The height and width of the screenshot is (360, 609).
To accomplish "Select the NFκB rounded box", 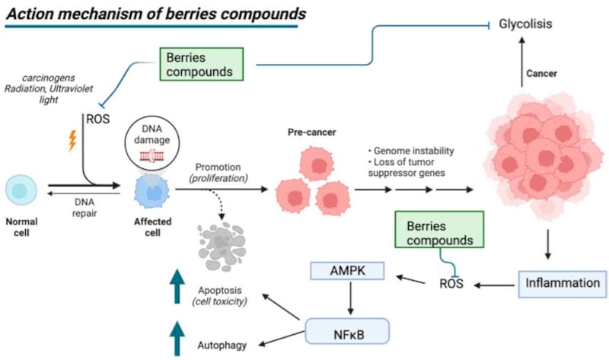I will (347, 332).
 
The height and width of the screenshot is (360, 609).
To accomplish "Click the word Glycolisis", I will (525, 24).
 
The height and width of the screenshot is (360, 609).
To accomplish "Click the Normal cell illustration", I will (21, 190).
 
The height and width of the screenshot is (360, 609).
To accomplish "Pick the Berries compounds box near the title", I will (200, 65).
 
